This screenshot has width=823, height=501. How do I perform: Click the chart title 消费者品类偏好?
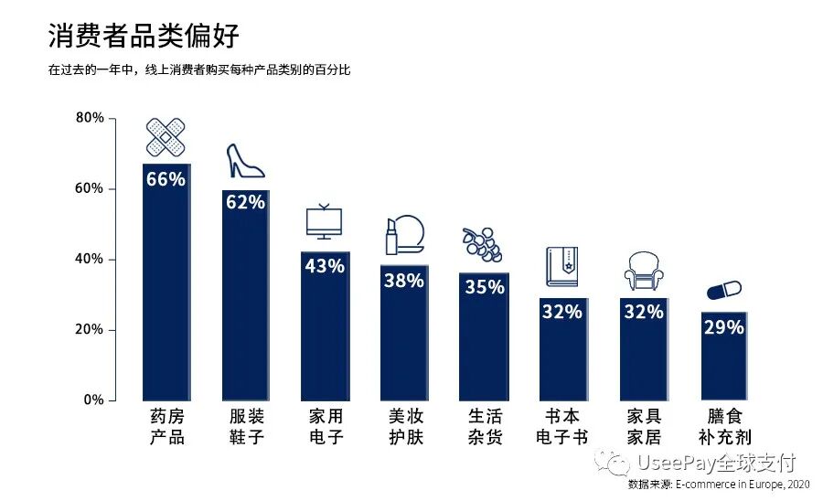pos(144,37)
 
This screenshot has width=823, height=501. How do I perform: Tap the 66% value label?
pos(166,179)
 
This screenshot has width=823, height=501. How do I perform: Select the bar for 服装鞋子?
pos(245,302)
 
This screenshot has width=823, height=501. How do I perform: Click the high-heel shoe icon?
pos(244,161)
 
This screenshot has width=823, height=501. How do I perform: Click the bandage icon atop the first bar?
pos(166,137)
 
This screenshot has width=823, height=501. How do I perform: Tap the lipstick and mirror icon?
pos(403,236)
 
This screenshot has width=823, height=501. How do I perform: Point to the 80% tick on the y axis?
pos(89,118)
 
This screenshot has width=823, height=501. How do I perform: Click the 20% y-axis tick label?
pos(89,330)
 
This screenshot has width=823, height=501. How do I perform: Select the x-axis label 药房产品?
pos(166,426)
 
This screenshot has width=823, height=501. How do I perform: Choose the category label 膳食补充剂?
pos(724,426)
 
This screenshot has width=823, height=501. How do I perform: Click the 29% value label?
pos(723,326)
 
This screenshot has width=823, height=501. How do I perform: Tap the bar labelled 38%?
pos(403,338)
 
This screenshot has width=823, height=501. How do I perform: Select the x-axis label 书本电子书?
pos(561,426)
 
